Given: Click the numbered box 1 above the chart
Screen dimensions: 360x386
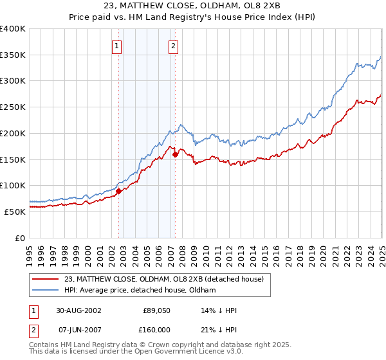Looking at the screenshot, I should click(x=117, y=46).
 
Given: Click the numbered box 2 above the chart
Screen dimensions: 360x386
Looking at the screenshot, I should click(x=174, y=46).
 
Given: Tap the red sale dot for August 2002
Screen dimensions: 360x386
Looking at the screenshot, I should click(x=119, y=191).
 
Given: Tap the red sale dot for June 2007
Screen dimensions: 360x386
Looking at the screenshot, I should click(x=175, y=154).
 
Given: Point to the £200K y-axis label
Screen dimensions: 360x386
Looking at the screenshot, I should click(x=13, y=133).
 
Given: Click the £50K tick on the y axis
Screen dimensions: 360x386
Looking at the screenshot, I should click(x=15, y=212).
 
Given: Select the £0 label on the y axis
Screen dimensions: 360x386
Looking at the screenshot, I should click(x=22, y=238).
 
